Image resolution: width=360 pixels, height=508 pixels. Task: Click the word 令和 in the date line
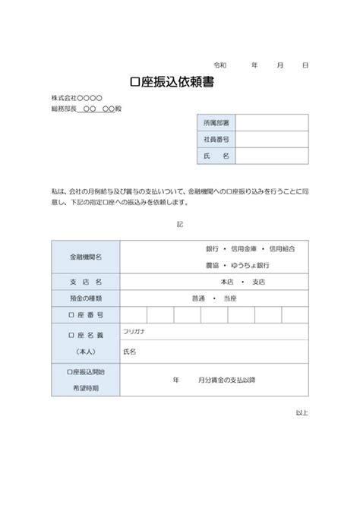(220, 66)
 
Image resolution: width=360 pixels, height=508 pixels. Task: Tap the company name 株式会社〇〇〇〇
(77, 98)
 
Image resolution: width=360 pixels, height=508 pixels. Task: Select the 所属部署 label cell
(216, 122)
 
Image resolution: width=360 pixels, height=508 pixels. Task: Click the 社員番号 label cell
(216, 139)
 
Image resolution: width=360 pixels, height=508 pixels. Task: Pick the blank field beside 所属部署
(272, 122)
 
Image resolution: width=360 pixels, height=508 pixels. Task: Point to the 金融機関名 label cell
(86, 257)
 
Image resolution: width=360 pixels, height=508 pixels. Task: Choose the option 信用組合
(287, 248)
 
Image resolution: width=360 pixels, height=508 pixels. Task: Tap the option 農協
(212, 265)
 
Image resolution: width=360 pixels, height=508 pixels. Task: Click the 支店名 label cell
(86, 282)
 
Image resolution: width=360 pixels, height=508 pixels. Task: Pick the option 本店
(227, 282)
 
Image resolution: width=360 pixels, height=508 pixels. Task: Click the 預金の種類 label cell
(86, 298)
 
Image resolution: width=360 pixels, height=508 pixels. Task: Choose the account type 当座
(230, 298)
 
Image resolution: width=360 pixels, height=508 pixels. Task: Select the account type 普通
(200, 298)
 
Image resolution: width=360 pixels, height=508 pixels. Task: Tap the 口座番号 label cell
(86, 314)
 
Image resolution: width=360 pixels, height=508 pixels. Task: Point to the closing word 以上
(302, 412)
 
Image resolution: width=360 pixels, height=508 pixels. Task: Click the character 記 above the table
(179, 225)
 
